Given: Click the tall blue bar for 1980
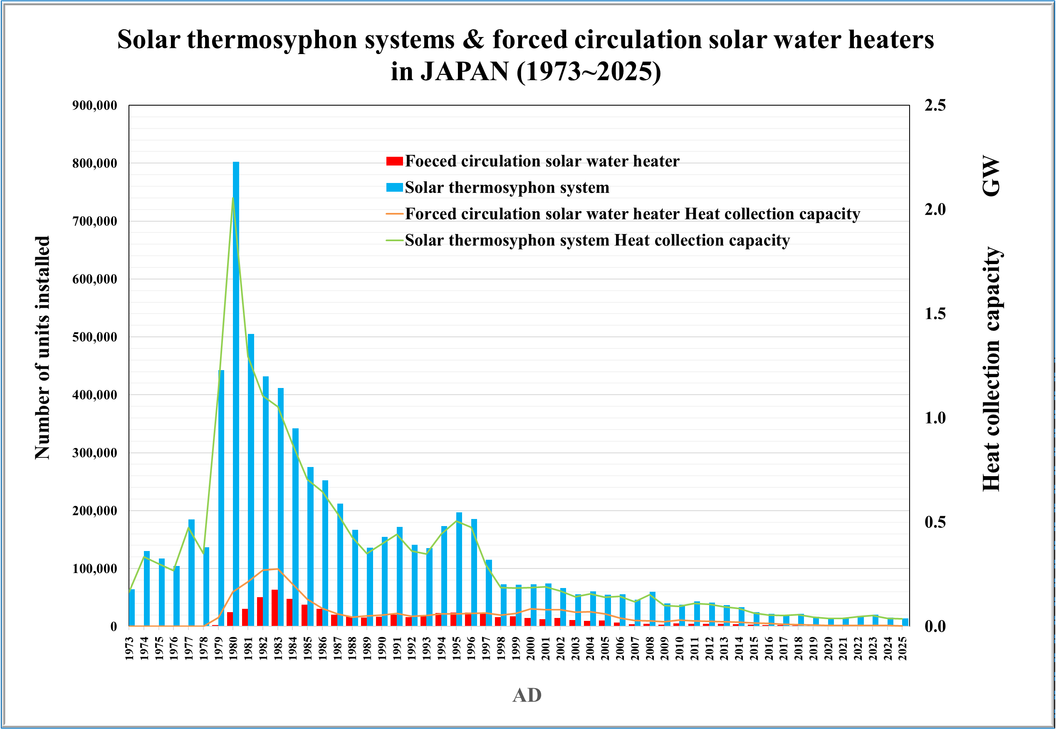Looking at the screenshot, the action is tap(236, 394).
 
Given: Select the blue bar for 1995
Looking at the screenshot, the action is tap(459, 569).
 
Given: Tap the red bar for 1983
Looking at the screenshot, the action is tap(275, 608).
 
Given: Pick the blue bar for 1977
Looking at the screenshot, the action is tap(191, 573).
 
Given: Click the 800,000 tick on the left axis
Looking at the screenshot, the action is tap(94, 163).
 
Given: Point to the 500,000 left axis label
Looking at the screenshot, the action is tap(94, 337).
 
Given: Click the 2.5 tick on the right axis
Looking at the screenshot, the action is tap(935, 106).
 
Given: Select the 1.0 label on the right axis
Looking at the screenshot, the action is tap(935, 418).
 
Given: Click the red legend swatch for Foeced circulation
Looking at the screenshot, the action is tap(395, 161).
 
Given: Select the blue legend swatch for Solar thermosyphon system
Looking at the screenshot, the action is tap(395, 188).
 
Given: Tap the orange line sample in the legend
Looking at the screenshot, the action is tap(395, 214).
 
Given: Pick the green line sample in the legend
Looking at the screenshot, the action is tap(395, 240).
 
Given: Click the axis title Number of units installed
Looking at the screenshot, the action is tap(42, 348).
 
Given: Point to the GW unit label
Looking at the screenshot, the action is tap(991, 176).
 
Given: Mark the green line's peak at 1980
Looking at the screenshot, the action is tap(233, 198).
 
